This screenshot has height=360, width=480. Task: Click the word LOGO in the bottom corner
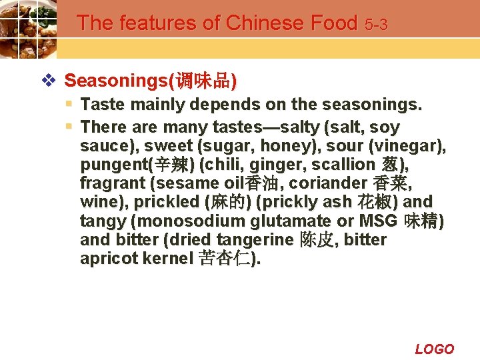(434, 349)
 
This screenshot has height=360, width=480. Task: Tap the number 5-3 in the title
(376, 25)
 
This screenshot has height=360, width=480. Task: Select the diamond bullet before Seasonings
(48, 81)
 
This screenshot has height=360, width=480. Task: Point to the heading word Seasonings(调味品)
(150, 81)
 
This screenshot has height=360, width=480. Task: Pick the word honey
(285, 145)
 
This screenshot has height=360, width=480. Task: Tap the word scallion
(348, 164)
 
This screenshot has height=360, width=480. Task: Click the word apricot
(109, 259)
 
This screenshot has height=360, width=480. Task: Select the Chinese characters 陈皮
(317, 239)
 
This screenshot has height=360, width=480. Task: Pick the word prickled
(170, 201)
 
